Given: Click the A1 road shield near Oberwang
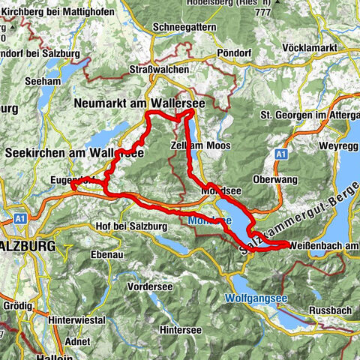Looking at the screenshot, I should [280, 153].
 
